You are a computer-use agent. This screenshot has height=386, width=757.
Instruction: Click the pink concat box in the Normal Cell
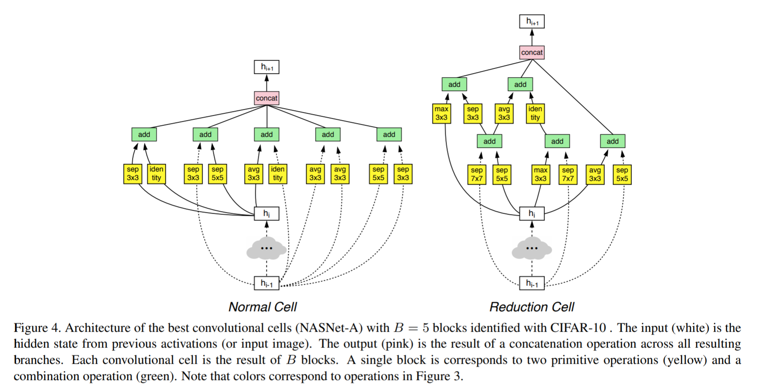tap(266, 98)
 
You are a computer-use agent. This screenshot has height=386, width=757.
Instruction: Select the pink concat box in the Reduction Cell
tap(532, 52)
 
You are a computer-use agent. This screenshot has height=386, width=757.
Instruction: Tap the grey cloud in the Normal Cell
tap(266, 248)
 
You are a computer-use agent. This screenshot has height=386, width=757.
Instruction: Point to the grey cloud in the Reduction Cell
tap(532, 248)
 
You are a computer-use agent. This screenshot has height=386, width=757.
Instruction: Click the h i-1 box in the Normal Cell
tap(266, 283)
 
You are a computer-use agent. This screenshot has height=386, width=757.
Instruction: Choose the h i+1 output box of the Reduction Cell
tap(532, 21)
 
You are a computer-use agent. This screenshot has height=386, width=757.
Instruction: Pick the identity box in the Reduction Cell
tap(535, 113)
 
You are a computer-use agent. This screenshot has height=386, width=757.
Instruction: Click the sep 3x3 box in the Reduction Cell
tap(473, 113)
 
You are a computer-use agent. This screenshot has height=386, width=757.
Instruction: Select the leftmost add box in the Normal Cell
tap(144, 134)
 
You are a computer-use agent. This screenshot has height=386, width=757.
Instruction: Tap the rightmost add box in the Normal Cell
tap(389, 134)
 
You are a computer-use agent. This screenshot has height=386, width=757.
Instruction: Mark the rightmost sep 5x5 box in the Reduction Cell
tap(622, 174)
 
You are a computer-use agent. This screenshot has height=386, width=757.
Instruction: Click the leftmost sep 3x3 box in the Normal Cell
tap(133, 174)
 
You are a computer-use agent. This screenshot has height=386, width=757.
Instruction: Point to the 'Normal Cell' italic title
tap(263, 307)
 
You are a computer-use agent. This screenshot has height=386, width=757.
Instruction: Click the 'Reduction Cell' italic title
tap(532, 307)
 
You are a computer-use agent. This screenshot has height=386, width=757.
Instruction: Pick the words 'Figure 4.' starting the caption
tap(37, 328)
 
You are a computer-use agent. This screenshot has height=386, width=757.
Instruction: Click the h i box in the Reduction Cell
tap(532, 213)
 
